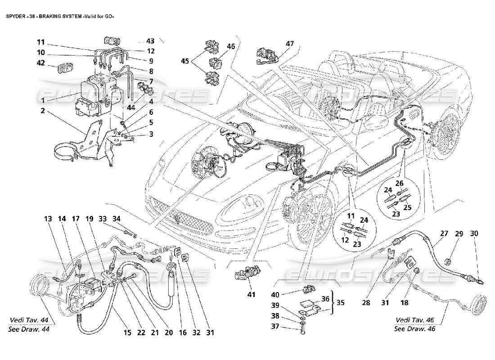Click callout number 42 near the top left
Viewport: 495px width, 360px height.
coord(41,63)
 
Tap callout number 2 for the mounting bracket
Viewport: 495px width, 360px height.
coord(41,110)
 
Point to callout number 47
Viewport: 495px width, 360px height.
coord(289,44)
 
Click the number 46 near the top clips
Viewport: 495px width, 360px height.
coord(230,46)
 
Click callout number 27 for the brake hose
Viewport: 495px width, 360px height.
coord(444,234)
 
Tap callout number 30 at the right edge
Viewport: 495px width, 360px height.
coord(474,234)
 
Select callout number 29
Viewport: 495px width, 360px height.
coord(459,234)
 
